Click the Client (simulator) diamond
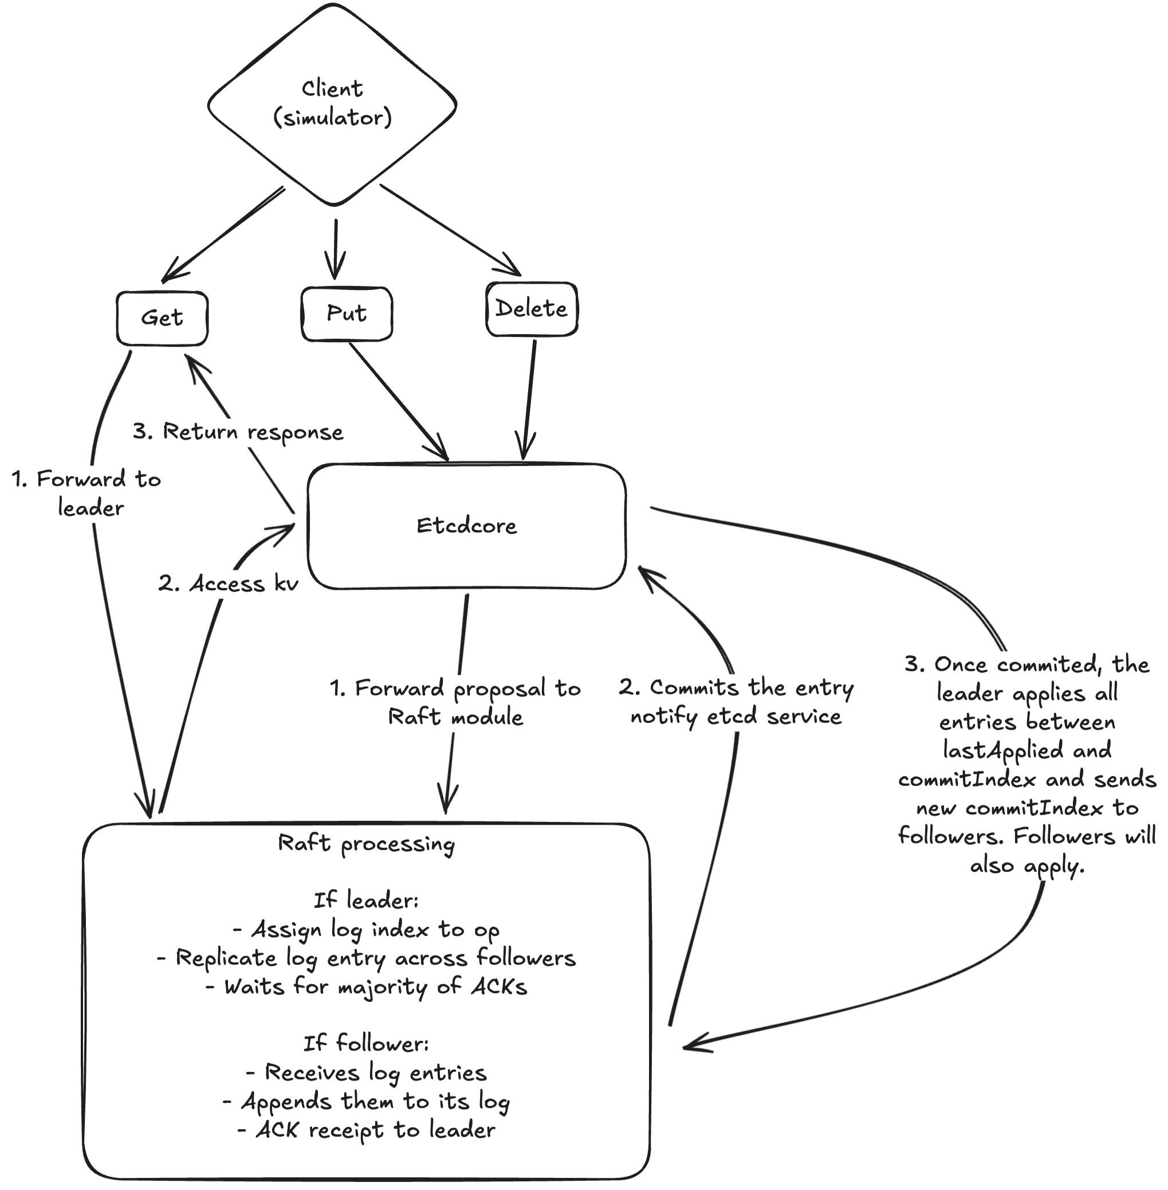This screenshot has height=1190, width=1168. point(332,103)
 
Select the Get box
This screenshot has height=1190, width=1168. point(162,318)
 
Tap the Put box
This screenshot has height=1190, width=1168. point(347,314)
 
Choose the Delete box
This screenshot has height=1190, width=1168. point(531,309)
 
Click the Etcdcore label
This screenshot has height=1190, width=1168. point(466,526)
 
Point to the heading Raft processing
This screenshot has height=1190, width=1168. point(366,844)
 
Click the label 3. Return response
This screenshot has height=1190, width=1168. point(238,432)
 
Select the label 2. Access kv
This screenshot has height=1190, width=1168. point(228,584)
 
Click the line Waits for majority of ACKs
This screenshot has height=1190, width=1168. point(366,987)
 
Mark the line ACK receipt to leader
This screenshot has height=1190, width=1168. point(366,1130)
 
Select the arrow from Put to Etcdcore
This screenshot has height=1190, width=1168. point(399,400)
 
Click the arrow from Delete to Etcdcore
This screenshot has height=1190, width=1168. point(528,399)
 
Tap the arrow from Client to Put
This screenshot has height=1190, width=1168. point(336,249)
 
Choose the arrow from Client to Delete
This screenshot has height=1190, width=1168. point(451,229)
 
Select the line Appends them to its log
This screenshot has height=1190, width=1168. point(366,1101)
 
